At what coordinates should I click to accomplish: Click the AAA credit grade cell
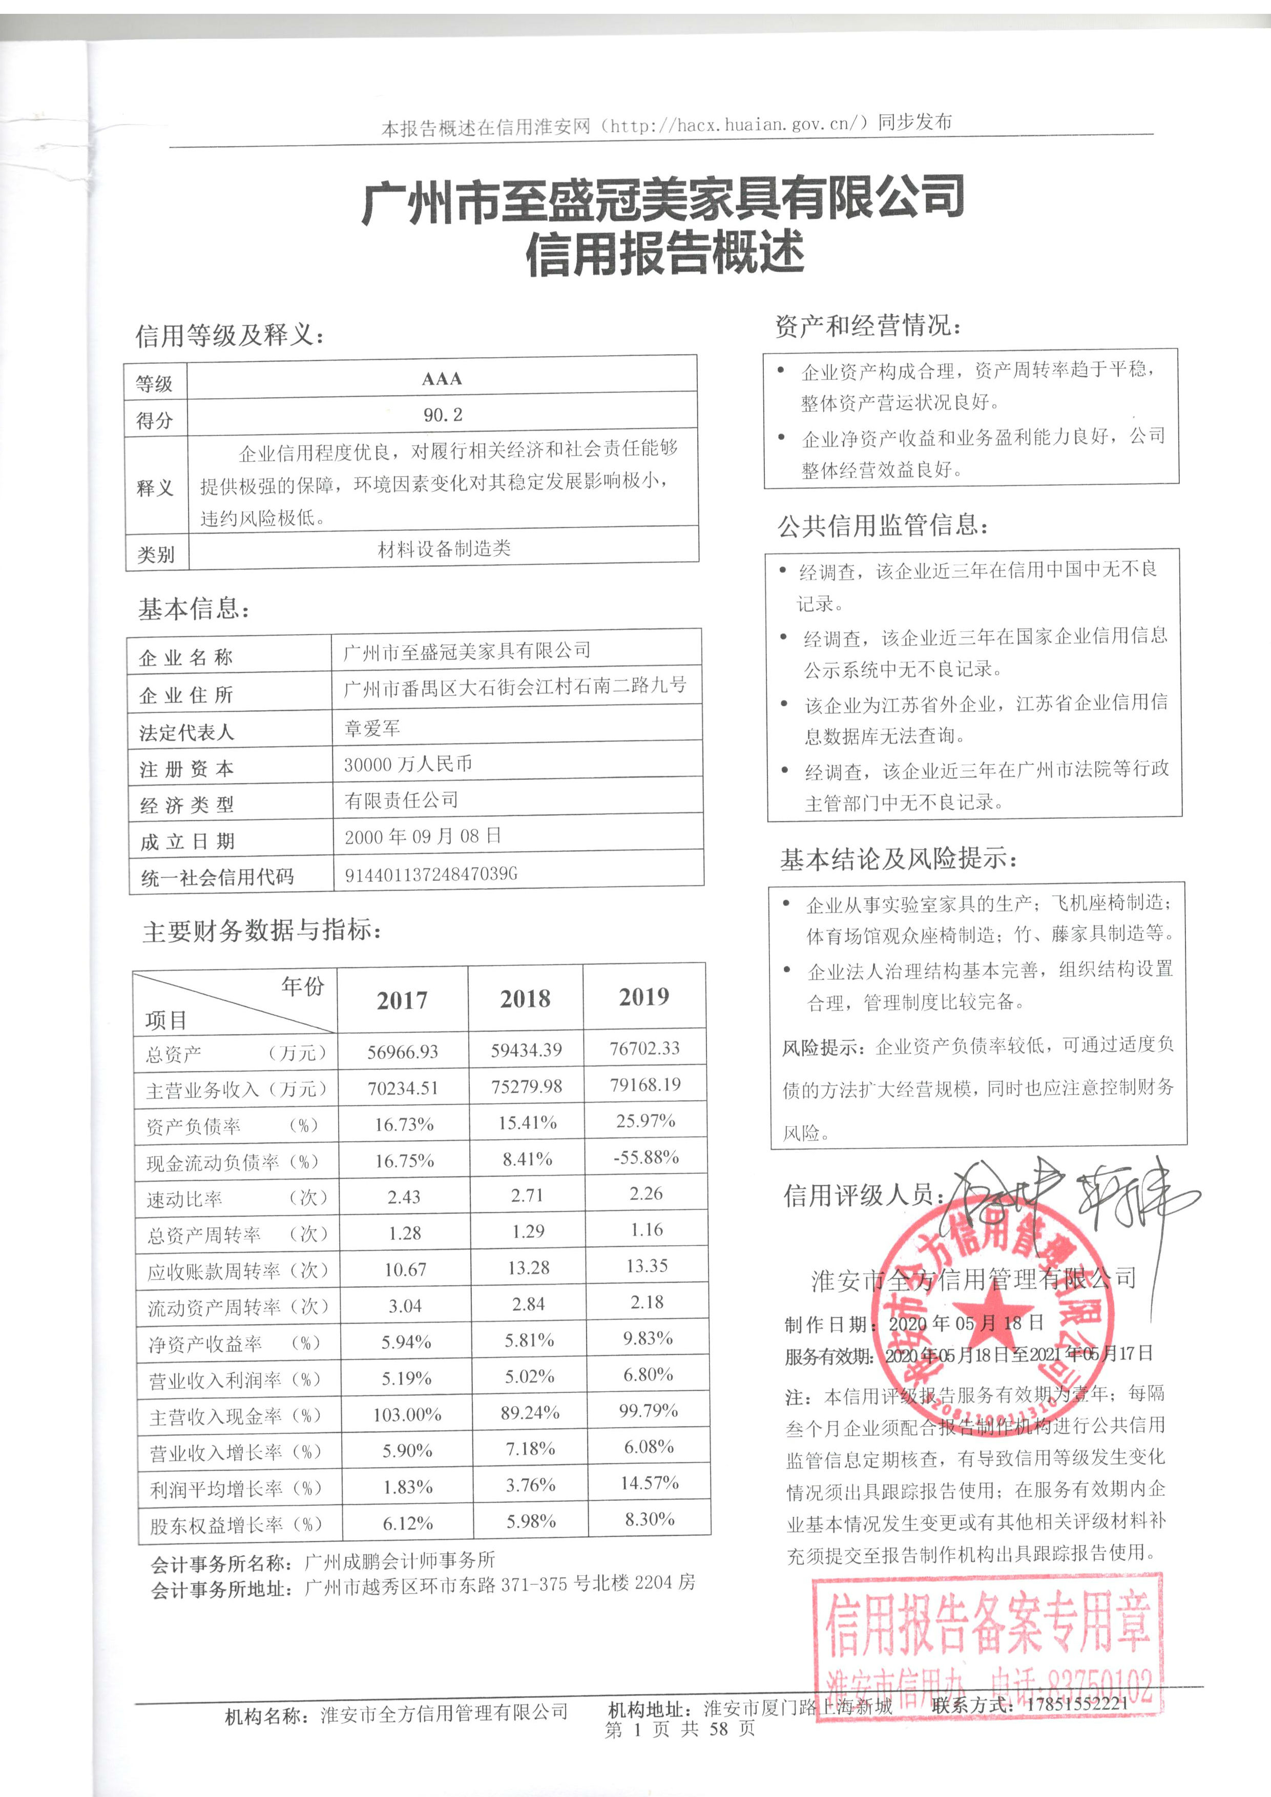pyautogui.click(x=442, y=379)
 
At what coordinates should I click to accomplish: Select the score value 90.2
pyautogui.click(x=443, y=415)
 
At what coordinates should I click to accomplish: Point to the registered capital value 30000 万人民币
pyautogui.click(x=408, y=764)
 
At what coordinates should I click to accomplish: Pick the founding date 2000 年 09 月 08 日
pyautogui.click(x=423, y=837)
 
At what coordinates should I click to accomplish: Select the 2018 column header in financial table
pyautogui.click(x=525, y=999)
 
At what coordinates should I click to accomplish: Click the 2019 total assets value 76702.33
pyautogui.click(x=645, y=1048)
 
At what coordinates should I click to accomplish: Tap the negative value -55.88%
pyautogui.click(x=645, y=1157)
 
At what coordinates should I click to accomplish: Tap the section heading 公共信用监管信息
pyautogui.click(x=882, y=525)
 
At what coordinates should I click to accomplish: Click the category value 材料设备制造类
pyautogui.click(x=444, y=549)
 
